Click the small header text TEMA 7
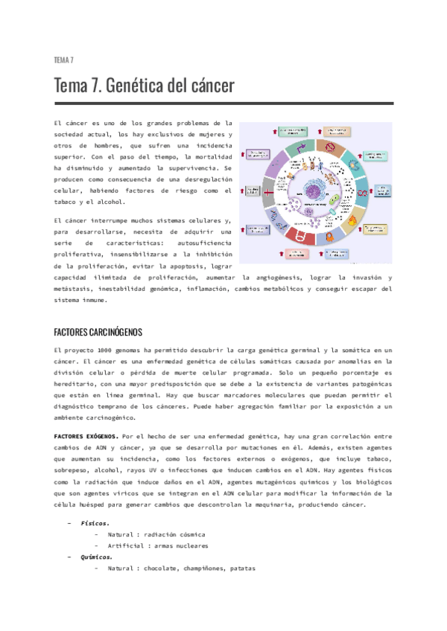[x=63, y=60]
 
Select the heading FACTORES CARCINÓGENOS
[x=98, y=332]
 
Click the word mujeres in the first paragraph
[x=210, y=134]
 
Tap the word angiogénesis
[x=273, y=278]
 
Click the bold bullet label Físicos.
[x=95, y=523]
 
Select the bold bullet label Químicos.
[x=97, y=557]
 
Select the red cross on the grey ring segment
[x=266, y=191]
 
